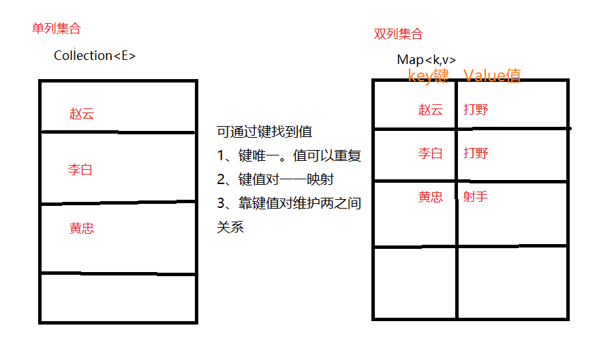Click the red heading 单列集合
(56, 29)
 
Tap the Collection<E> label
(95, 56)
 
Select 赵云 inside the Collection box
(82, 114)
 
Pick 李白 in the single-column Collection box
(80, 170)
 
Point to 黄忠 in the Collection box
(82, 228)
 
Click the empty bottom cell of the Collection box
(118, 297)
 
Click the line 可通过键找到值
(264, 132)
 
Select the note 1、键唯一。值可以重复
(288, 155)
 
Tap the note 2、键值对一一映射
(275, 179)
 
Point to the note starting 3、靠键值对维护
(288, 203)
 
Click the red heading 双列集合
(398, 34)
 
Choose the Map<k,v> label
(427, 60)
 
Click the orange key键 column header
(428, 75)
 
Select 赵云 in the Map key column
(431, 110)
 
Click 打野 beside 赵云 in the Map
(476, 110)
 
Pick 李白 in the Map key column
(431, 153)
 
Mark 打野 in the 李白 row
(476, 153)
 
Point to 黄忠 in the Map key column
(431, 197)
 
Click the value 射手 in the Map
(476, 197)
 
